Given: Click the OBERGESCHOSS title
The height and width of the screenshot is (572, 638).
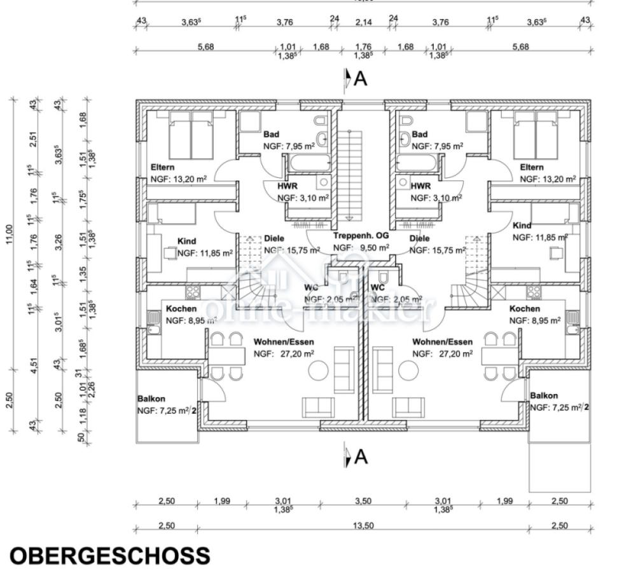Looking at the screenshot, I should click(x=110, y=555).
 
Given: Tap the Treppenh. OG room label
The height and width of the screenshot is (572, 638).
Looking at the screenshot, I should click(x=361, y=235).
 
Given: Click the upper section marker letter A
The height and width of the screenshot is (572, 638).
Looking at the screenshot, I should click(x=361, y=79).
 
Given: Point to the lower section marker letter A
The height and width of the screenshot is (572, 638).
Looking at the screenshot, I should click(x=361, y=457).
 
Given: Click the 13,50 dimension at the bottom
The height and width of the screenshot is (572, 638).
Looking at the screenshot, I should click(x=363, y=526).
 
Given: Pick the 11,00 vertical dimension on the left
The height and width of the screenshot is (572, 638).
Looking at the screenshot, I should click(x=9, y=238).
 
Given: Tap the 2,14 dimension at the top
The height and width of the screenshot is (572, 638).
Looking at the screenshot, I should click(x=363, y=22).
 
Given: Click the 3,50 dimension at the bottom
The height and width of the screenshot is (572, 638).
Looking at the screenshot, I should click(x=363, y=501).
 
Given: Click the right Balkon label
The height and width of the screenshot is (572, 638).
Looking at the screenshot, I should click(x=544, y=395).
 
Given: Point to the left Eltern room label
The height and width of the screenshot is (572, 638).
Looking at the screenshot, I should click(x=162, y=167).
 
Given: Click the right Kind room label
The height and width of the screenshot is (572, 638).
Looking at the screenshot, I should click(x=522, y=226).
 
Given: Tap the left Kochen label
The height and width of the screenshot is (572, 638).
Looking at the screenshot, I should click(x=181, y=309).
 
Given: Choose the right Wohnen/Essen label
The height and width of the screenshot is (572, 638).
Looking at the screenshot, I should click(x=442, y=342).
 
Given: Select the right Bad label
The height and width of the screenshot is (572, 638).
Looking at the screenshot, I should click(x=420, y=134).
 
